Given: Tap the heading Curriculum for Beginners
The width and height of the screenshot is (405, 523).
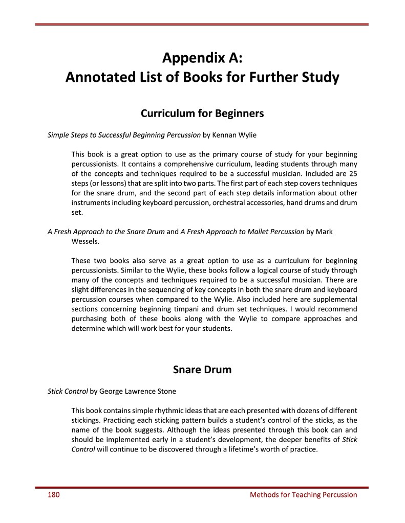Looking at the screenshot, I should point(202,113).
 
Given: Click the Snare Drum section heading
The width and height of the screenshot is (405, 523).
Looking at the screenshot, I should point(202,370).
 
